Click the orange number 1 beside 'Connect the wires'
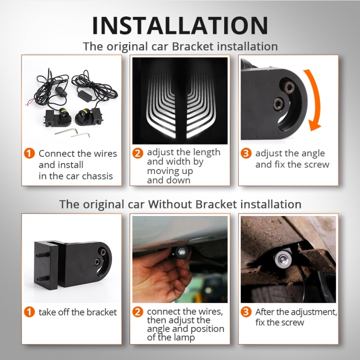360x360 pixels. pos(30,153)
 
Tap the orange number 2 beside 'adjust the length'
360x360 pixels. pos(138,153)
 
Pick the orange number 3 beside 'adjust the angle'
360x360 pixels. pos(246,153)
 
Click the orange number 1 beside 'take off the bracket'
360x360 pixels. pos(30,312)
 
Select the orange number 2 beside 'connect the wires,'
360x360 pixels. pos(138,312)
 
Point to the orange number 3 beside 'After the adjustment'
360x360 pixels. pos(246,312)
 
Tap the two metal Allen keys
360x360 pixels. pos(73,133)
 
